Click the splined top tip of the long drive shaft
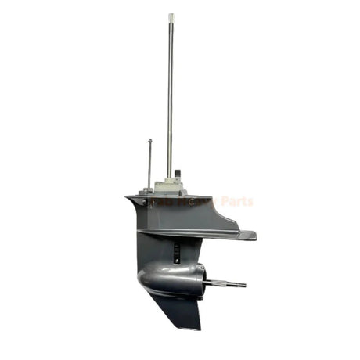click(171, 16)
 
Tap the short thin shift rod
click(149, 164)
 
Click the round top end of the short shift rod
click(149, 141)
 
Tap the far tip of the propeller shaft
click(243, 284)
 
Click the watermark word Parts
click(237, 202)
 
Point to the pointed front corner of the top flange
click(127, 197)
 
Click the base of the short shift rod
click(149, 188)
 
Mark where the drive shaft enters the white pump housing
click(169, 179)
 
